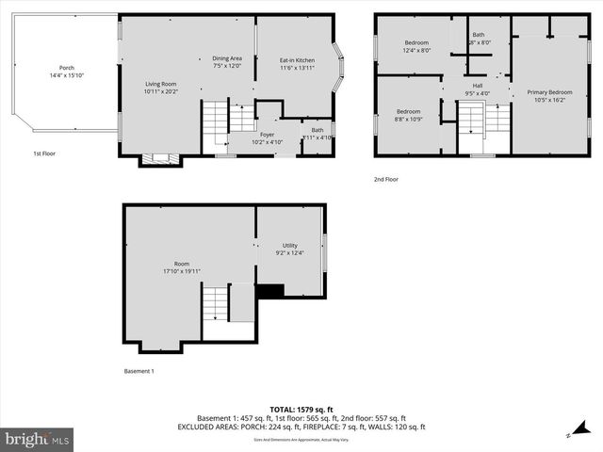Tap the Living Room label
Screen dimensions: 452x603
point(160,84)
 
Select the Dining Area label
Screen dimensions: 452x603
point(227,58)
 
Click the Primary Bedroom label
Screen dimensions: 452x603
point(547,91)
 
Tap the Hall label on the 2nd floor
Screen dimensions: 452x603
point(477,85)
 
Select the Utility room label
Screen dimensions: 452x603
point(290,245)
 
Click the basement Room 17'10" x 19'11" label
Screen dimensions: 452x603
point(181,264)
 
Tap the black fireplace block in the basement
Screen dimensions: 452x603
point(270,291)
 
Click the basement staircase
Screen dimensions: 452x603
point(216,304)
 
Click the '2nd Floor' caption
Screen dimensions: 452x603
point(385,179)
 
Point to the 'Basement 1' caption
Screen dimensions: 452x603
point(139,370)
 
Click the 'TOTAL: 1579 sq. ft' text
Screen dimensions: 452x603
point(301,410)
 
